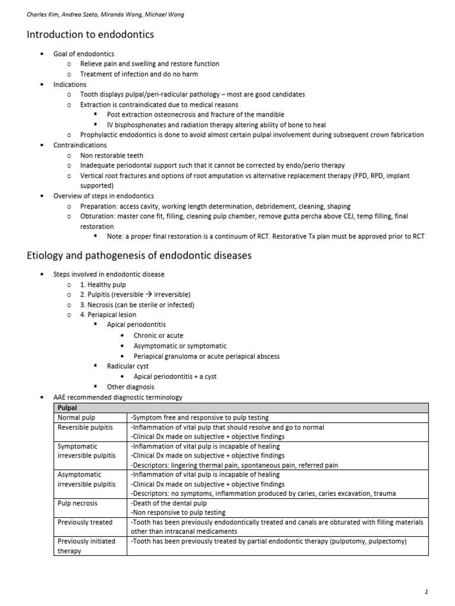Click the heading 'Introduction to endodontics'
point(90,35)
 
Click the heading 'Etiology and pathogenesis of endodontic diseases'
point(139,256)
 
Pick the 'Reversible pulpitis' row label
point(84,427)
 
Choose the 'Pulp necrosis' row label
point(78,503)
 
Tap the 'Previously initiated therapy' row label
point(86,546)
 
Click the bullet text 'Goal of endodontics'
point(84,54)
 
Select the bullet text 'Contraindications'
point(80,145)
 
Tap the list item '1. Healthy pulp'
point(103,285)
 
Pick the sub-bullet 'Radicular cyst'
point(127,366)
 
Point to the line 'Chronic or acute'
point(158,336)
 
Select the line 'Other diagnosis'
point(130,387)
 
